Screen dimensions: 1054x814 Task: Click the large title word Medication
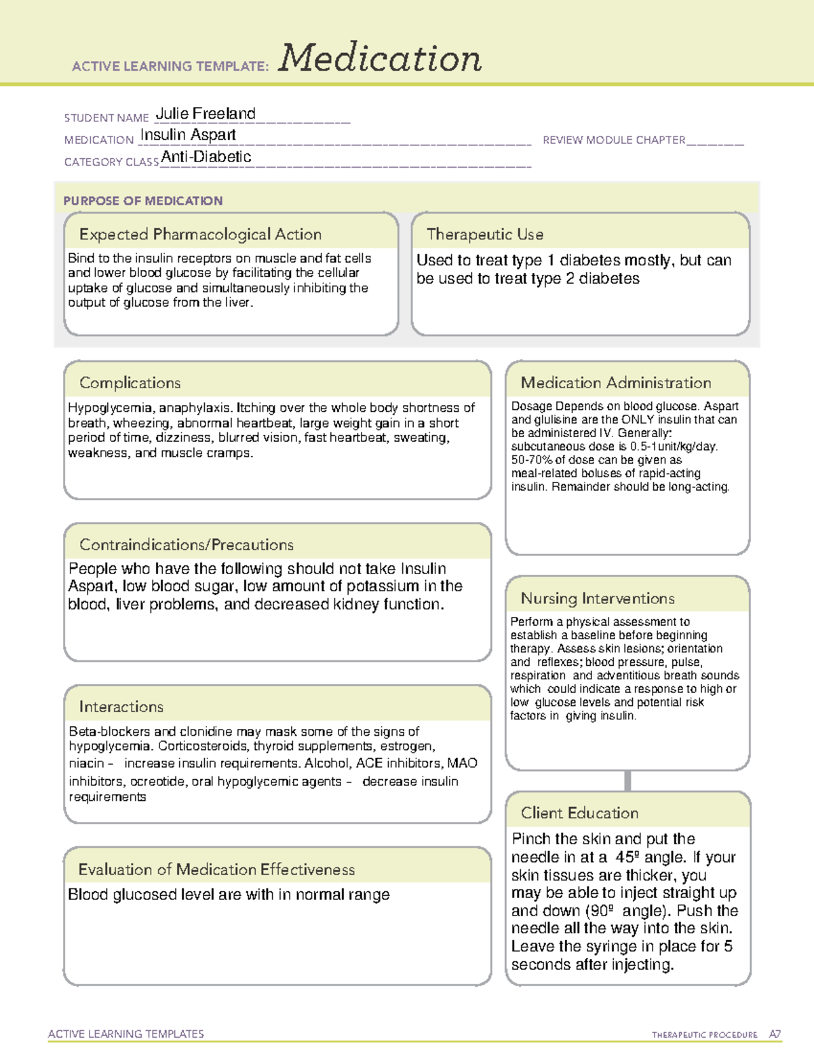click(380, 58)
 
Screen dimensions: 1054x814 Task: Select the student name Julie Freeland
click(206, 114)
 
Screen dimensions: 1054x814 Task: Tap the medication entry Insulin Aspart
click(188, 135)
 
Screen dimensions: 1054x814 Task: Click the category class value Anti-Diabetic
click(206, 157)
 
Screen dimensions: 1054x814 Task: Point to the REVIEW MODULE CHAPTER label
click(614, 140)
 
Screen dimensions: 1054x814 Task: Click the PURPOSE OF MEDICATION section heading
click(143, 201)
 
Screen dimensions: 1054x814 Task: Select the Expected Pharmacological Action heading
click(200, 234)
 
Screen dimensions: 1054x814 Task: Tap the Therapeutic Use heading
click(485, 234)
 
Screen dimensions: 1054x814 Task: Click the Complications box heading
click(130, 383)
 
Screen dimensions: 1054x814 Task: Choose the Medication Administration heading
click(616, 383)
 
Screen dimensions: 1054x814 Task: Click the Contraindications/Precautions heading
click(187, 545)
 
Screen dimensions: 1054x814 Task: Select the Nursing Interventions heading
click(598, 599)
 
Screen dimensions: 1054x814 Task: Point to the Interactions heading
click(121, 707)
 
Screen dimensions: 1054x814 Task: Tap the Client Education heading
click(579, 813)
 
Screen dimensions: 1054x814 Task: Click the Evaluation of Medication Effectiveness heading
click(216, 869)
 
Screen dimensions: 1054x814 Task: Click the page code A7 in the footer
click(775, 1034)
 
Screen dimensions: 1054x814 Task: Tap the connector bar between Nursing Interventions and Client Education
click(627, 780)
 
